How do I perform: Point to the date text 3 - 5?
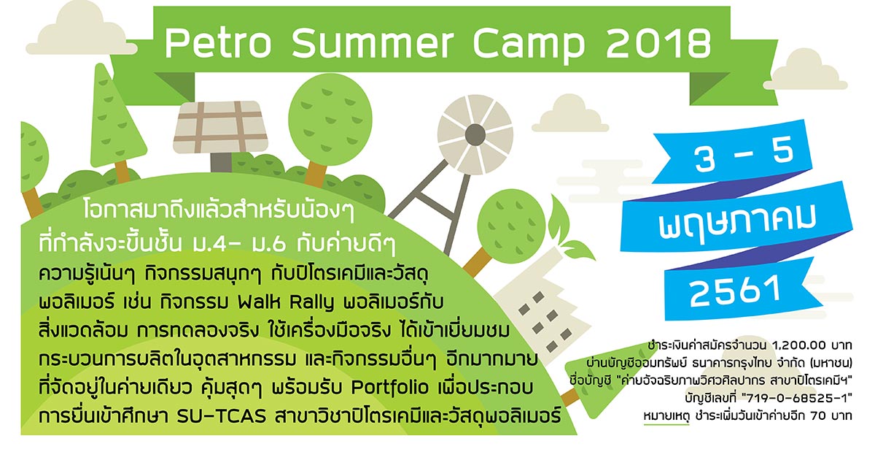click(744, 155)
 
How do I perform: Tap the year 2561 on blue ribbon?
click(734, 291)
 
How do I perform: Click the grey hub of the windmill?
click(475, 134)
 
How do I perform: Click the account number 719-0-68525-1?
click(798, 399)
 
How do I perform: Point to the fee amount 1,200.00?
click(798, 345)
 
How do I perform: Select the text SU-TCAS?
click(222, 417)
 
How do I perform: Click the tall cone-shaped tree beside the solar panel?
click(117, 118)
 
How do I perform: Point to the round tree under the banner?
click(330, 118)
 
